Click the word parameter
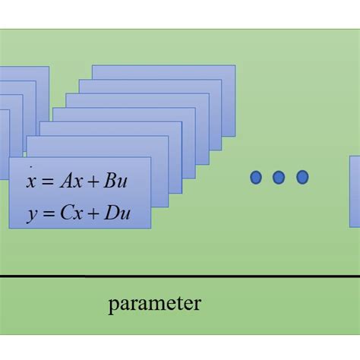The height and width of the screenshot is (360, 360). (x=154, y=305)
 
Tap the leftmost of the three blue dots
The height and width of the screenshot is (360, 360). (x=256, y=178)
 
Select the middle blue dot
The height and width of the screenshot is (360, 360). (x=279, y=178)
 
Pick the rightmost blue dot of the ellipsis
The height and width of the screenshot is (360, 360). (x=302, y=178)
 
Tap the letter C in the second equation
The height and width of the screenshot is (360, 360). (x=64, y=213)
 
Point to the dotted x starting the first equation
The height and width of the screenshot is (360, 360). (x=30, y=182)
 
